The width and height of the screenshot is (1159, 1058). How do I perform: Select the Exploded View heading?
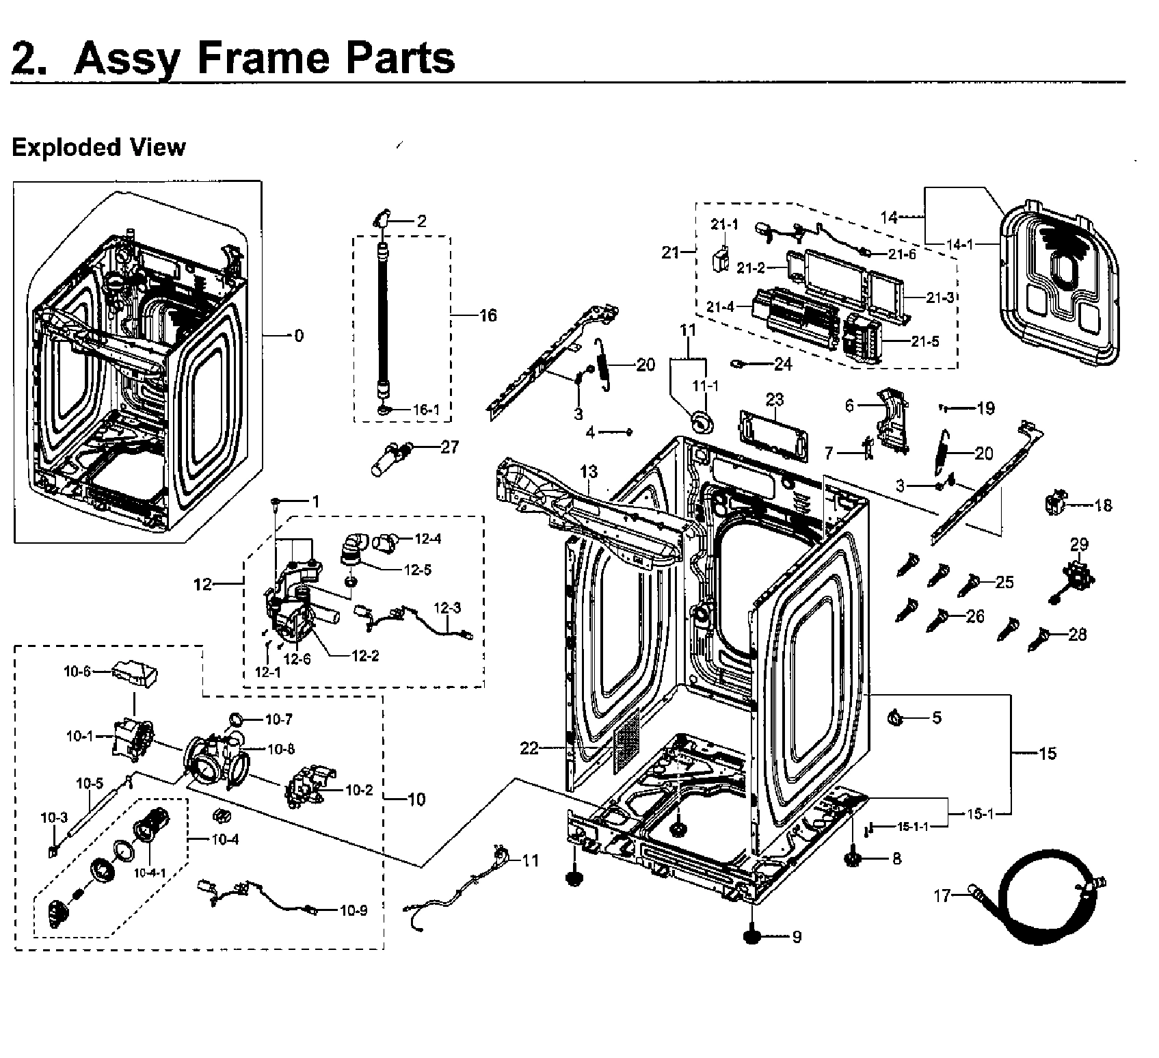point(98,147)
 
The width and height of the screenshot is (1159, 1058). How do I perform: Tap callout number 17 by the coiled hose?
point(942,895)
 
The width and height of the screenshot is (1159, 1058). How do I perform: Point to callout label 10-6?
point(77,672)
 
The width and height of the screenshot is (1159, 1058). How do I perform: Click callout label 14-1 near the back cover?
point(960,244)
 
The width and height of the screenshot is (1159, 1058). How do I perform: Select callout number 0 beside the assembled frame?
point(298,336)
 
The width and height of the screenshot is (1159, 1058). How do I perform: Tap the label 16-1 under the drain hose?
point(425,410)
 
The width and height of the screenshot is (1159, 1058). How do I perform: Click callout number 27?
point(449,447)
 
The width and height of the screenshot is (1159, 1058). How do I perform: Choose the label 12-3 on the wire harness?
point(447,608)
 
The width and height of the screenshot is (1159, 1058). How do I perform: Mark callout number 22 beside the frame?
point(529,749)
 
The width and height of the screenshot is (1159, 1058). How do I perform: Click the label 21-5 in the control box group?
point(925,341)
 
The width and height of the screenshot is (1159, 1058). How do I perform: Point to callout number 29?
point(1079,545)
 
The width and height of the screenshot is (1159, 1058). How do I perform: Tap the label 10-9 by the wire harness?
point(353,910)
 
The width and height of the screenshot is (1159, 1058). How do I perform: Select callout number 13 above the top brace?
point(589,471)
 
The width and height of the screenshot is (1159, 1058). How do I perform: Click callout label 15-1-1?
point(913,826)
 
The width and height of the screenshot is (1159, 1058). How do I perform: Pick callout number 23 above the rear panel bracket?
point(774,399)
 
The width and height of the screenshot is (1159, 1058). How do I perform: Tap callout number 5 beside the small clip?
point(936,717)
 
